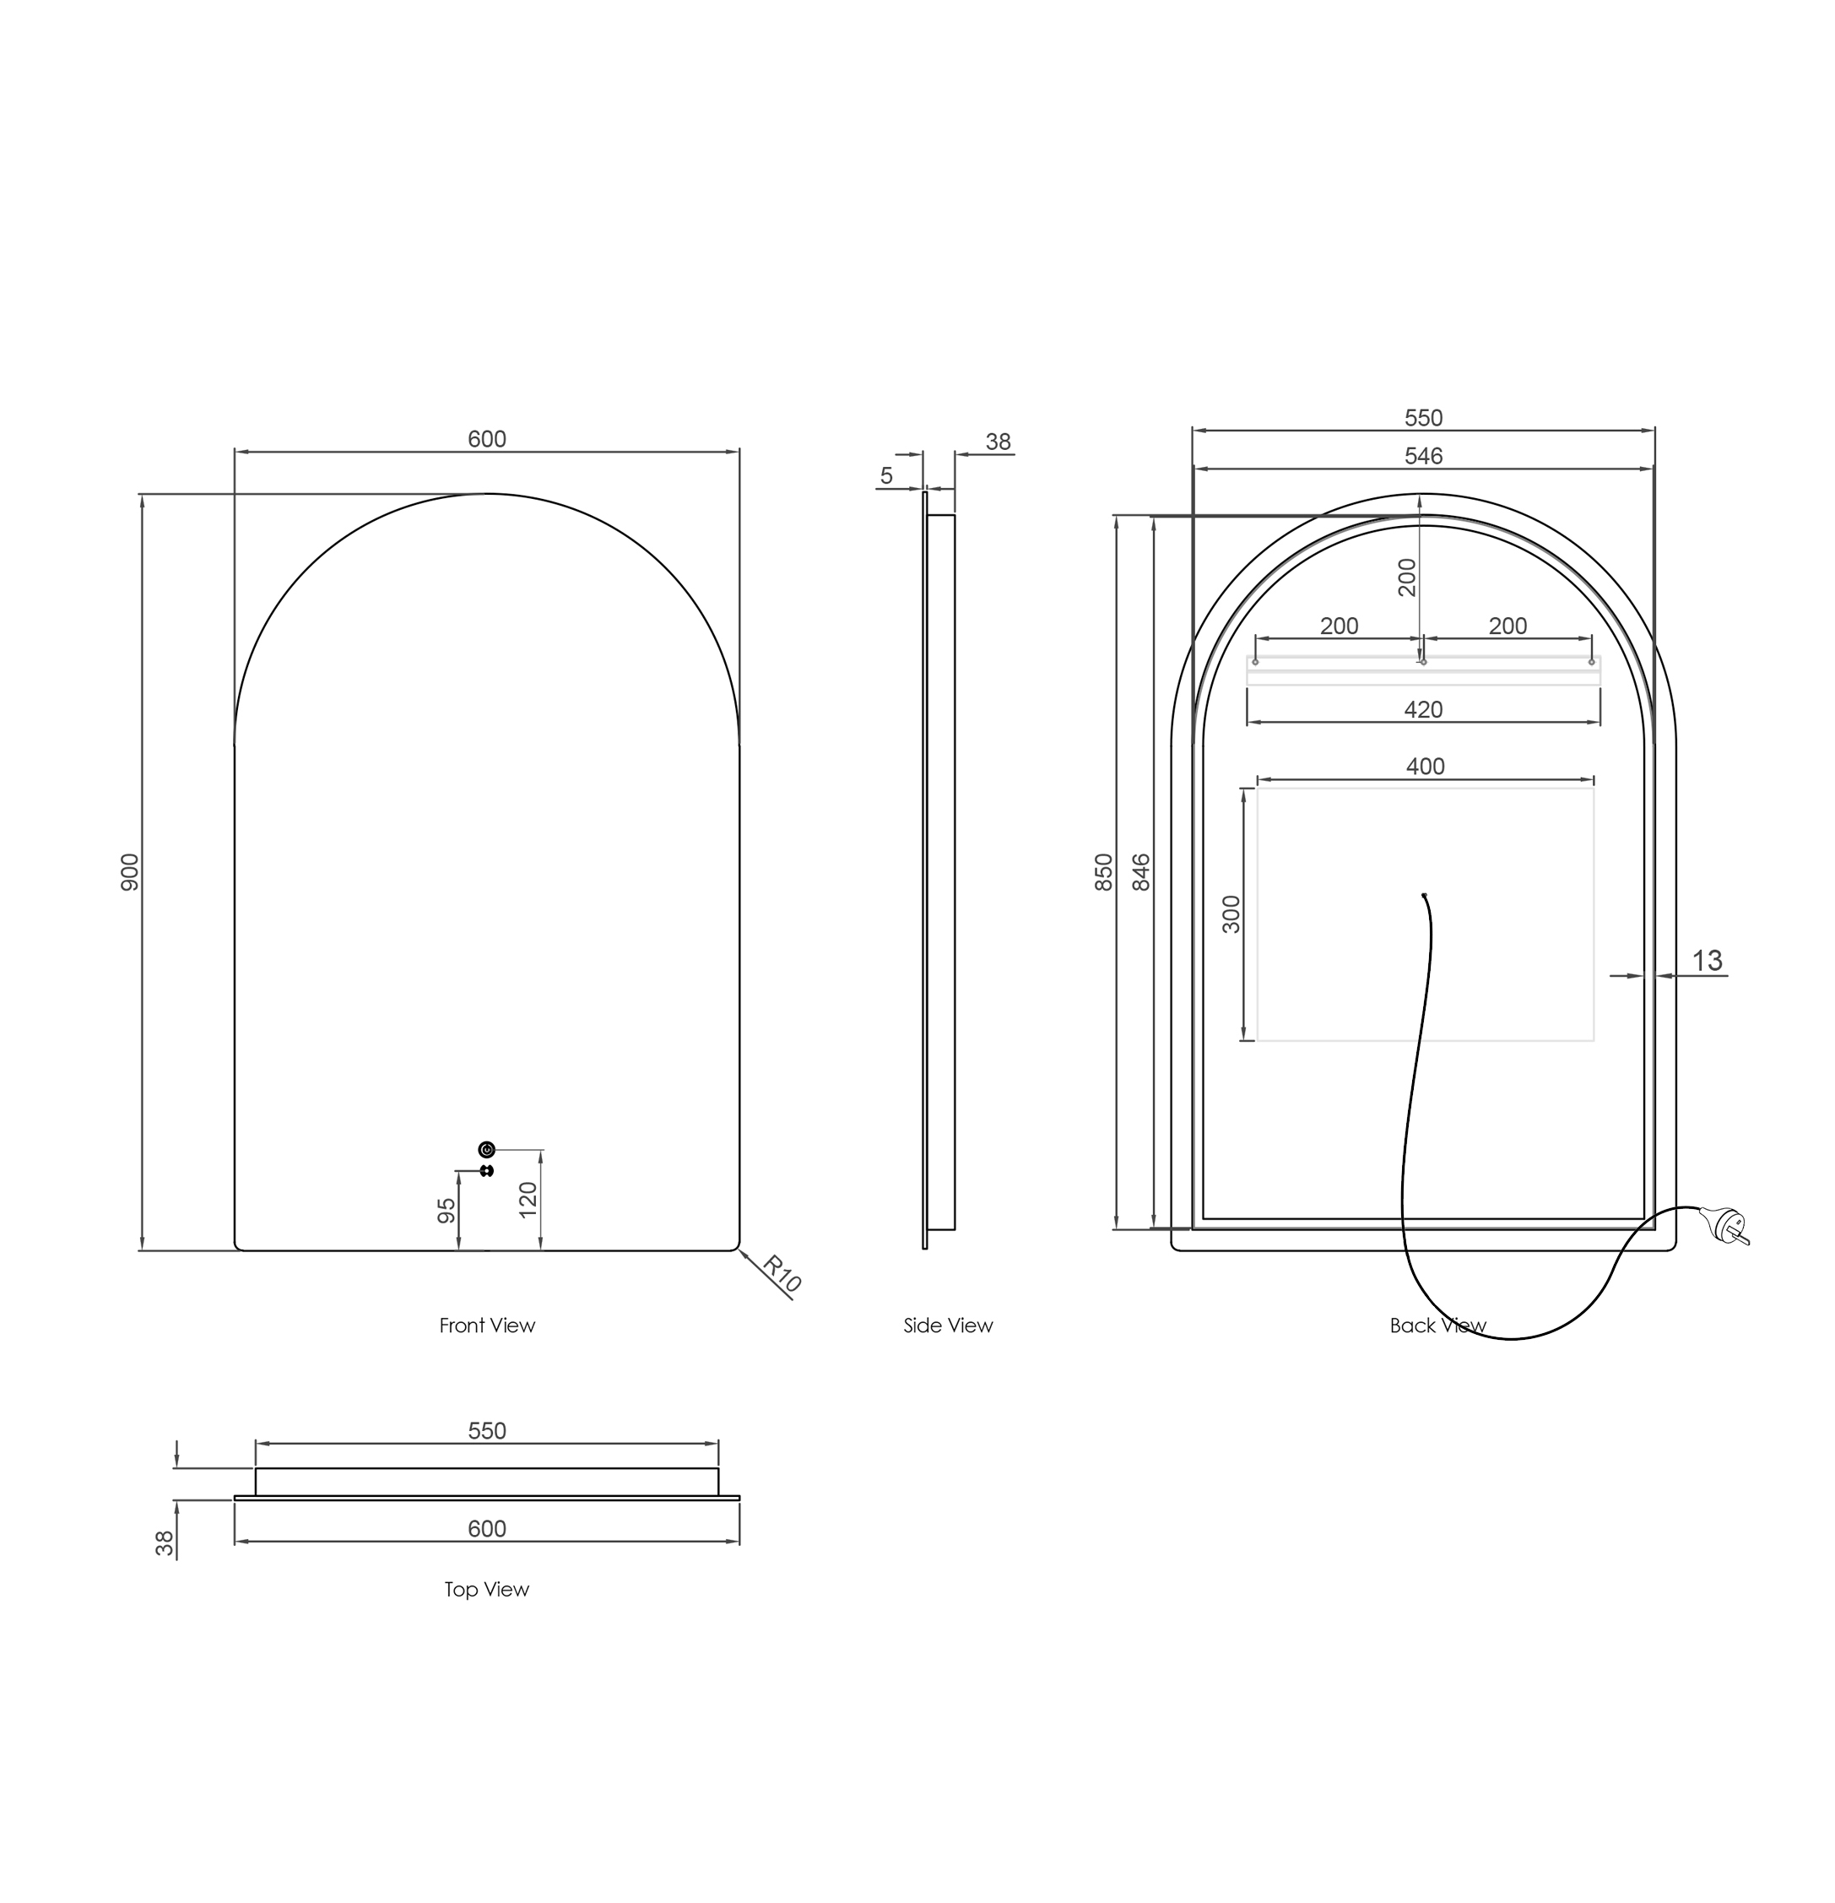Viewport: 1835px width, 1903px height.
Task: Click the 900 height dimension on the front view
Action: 130,872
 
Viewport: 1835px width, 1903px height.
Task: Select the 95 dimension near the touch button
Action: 447,1210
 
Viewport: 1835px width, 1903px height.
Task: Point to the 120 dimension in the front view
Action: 528,1200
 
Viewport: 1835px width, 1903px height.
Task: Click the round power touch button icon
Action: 486,1150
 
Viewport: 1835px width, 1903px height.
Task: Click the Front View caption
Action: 486,1326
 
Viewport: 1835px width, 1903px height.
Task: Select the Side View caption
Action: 948,1326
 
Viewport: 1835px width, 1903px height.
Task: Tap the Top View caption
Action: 486,1590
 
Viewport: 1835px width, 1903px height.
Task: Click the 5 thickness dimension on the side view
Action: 885,476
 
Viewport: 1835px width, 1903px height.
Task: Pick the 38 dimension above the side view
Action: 998,442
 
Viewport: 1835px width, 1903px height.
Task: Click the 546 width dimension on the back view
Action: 1423,455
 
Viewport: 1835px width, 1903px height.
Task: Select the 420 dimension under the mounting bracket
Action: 1423,710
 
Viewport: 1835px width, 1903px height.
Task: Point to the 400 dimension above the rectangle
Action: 1426,766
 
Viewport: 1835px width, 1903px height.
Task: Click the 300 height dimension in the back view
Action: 1231,914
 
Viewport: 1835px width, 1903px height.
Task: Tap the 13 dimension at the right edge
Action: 1707,960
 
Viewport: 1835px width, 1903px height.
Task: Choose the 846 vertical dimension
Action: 1142,872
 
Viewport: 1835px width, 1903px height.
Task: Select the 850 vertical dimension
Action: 1104,872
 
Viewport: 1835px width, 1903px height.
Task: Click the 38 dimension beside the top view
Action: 166,1542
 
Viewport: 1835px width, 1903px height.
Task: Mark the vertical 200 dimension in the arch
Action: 1407,577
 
